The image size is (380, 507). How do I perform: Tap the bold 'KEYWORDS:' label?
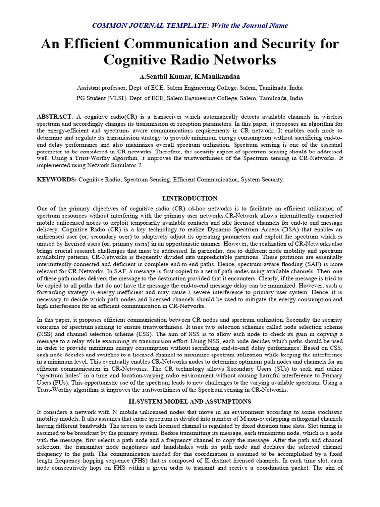[x=57, y=179]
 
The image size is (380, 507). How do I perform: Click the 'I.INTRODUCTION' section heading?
[x=190, y=198]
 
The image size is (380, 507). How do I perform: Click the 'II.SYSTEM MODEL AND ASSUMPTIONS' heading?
[x=190, y=401]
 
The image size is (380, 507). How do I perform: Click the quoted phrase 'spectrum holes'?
[x=61, y=376]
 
